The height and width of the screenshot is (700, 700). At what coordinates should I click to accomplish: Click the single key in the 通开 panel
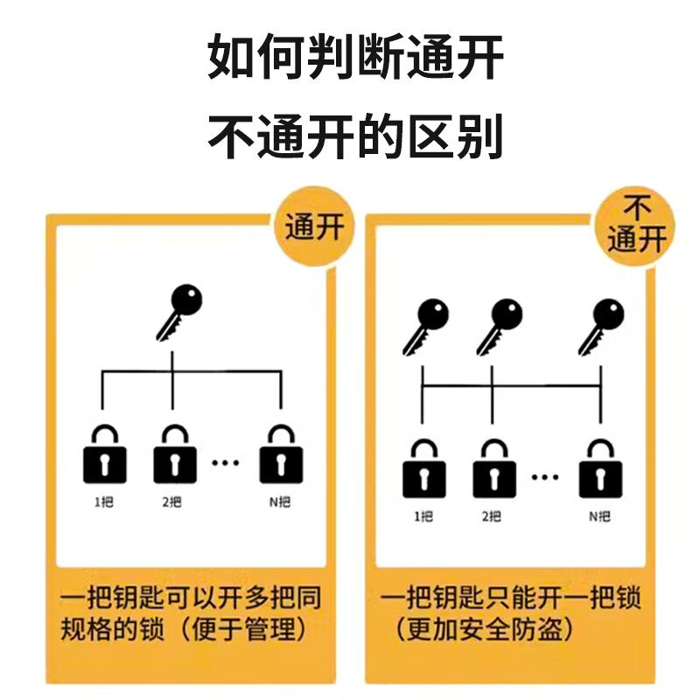tap(179, 312)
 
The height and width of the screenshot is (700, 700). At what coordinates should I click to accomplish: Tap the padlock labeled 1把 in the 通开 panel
tap(105, 454)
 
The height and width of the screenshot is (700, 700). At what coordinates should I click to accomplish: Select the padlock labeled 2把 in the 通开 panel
tap(175, 454)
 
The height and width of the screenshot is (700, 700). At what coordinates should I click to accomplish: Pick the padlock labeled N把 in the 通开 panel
tap(281, 454)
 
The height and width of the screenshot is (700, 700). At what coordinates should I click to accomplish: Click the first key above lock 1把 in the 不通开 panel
tap(425, 326)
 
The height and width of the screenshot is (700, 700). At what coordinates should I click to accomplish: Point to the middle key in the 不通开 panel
tap(499, 326)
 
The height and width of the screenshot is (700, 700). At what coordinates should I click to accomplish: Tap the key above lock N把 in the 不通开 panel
tap(601, 326)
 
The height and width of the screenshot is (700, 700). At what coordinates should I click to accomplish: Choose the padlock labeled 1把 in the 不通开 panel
tap(424, 469)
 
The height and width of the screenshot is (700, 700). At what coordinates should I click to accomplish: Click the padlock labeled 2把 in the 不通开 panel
tap(494, 469)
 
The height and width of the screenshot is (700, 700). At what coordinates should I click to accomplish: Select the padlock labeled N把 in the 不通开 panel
tap(600, 469)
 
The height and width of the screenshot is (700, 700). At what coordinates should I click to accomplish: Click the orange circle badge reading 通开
tap(314, 227)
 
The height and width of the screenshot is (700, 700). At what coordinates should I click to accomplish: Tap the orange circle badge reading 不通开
tap(636, 227)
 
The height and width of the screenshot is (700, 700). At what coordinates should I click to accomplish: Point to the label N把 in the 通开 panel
tap(280, 502)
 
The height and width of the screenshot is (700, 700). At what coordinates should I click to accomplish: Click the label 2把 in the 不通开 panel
tap(492, 516)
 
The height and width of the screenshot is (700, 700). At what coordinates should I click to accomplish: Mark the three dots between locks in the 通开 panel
tap(226, 463)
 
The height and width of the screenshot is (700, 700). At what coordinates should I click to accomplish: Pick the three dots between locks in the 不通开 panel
tap(545, 477)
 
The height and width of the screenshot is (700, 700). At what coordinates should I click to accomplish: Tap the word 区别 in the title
tap(455, 136)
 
